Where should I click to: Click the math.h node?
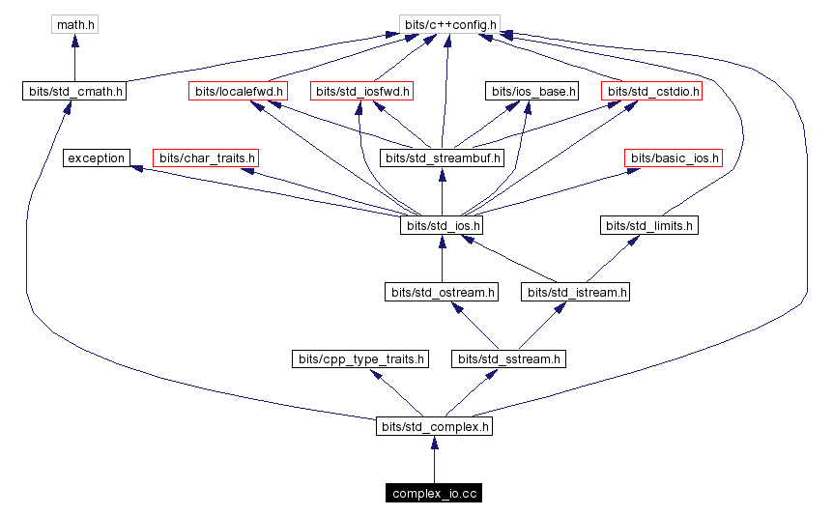(x=74, y=23)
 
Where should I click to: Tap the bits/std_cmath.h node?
(x=74, y=92)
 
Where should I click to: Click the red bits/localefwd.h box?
(x=238, y=92)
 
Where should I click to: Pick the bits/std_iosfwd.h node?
(x=362, y=92)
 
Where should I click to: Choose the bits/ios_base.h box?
(x=531, y=92)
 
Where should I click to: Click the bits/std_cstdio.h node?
(x=651, y=92)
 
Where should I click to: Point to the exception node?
(x=96, y=158)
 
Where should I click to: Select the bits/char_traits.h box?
(x=207, y=158)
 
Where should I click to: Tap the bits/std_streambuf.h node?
(x=442, y=158)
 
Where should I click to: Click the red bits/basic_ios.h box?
(x=674, y=158)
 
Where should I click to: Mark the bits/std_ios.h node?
(x=442, y=225)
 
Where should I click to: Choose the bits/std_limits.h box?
(x=649, y=225)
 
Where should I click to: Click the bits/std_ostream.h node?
(x=442, y=291)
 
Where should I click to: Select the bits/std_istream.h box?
(x=575, y=291)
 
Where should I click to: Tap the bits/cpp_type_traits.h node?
(x=359, y=358)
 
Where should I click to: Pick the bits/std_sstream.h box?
(x=508, y=358)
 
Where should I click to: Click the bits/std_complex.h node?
(x=434, y=425)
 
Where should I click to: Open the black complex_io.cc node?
(x=434, y=494)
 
